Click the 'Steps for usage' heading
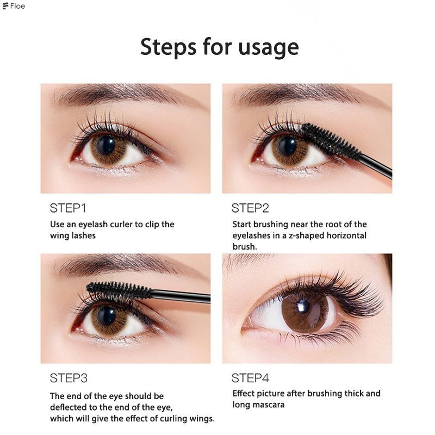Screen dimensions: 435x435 220,47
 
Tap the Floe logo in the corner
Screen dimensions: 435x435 14,6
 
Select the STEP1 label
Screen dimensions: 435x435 68,208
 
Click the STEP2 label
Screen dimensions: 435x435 250,208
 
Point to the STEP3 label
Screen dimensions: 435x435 69,378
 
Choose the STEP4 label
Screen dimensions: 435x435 250,378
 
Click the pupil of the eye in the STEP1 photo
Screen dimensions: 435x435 106,146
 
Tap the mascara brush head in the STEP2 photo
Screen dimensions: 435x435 331,141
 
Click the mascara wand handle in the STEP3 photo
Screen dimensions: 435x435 181,296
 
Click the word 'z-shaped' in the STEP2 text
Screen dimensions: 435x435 307,235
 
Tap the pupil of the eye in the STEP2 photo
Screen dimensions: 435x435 287,146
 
